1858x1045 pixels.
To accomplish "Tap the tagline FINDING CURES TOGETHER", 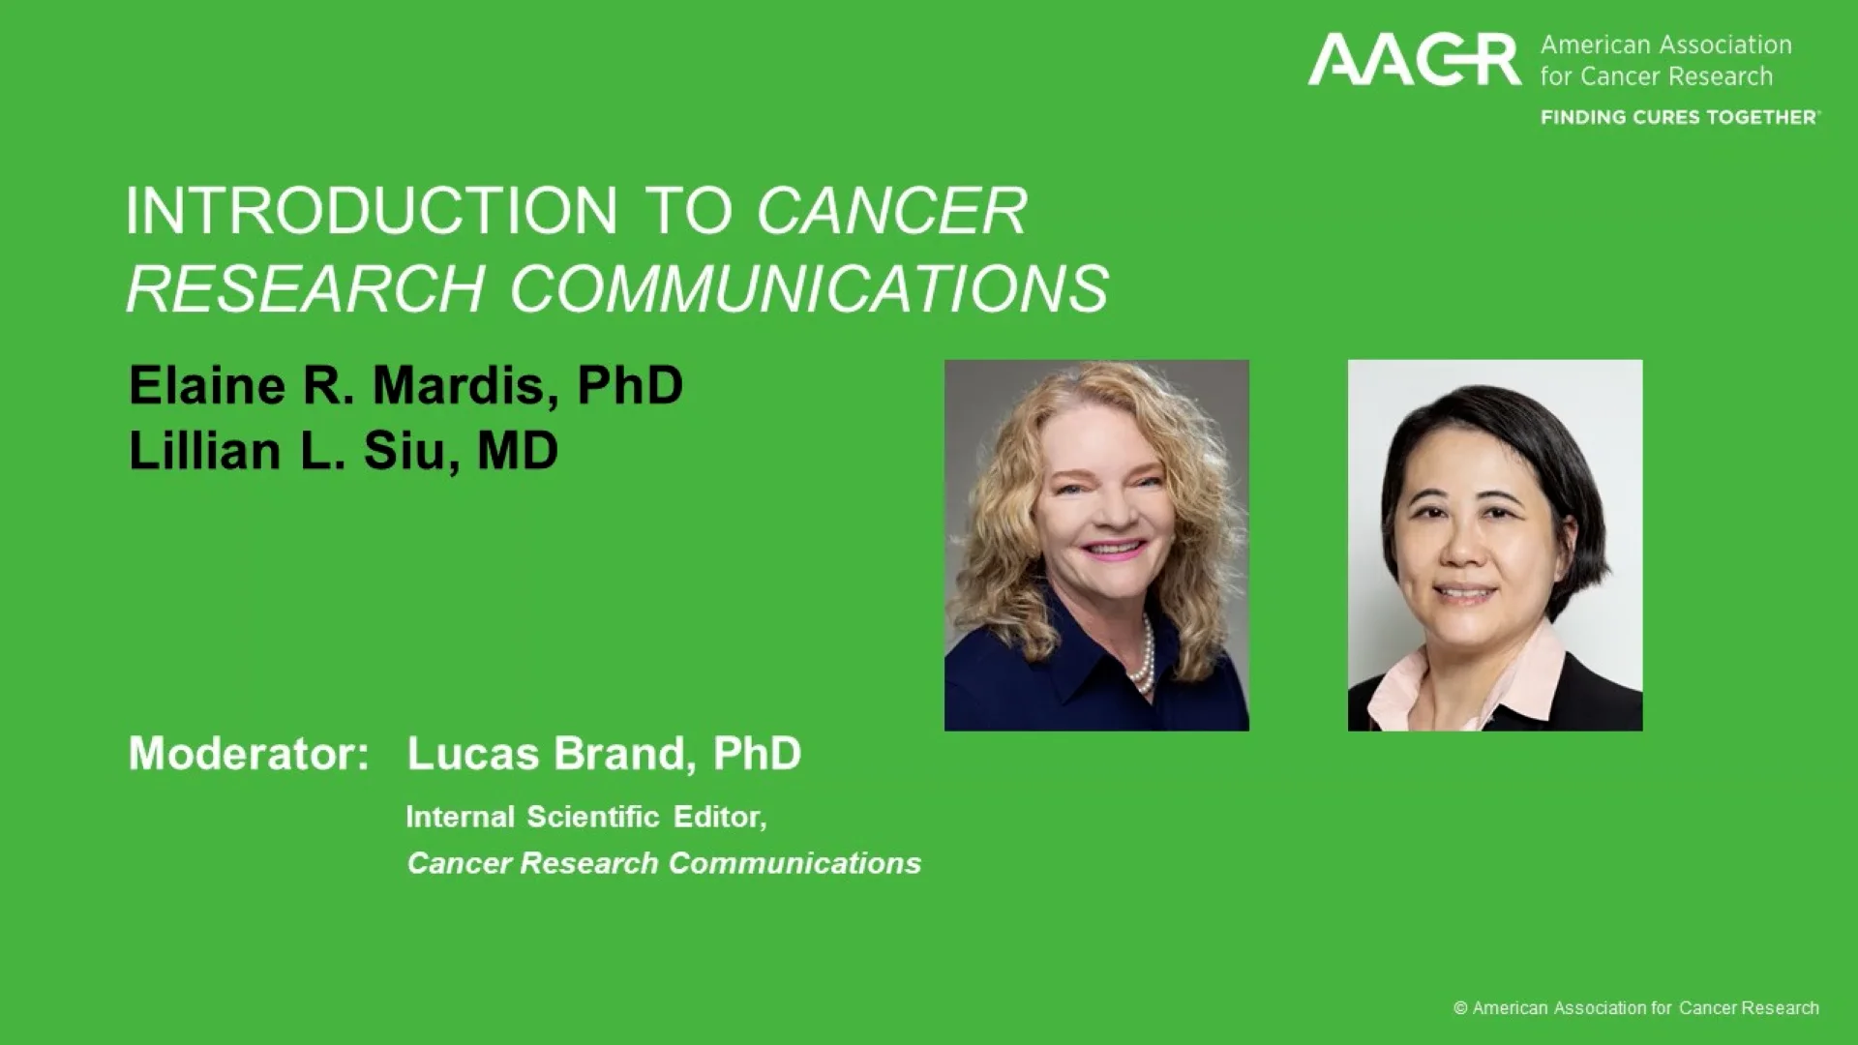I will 1679,117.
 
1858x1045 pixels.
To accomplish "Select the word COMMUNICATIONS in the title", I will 809,288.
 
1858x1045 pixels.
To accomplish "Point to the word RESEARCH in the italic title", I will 305,288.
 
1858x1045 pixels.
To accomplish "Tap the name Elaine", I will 207,385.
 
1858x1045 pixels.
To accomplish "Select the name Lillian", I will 204,451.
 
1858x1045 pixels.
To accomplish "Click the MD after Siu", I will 518,451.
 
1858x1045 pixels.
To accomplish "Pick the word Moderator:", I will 249,754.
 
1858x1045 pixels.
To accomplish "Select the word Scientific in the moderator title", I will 592,817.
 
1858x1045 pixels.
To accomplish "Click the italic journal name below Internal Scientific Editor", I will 664,863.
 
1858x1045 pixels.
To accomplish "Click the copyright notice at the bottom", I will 1635,1008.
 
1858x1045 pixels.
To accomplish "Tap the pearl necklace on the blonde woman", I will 1145,658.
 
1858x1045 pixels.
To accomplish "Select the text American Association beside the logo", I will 1665,45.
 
